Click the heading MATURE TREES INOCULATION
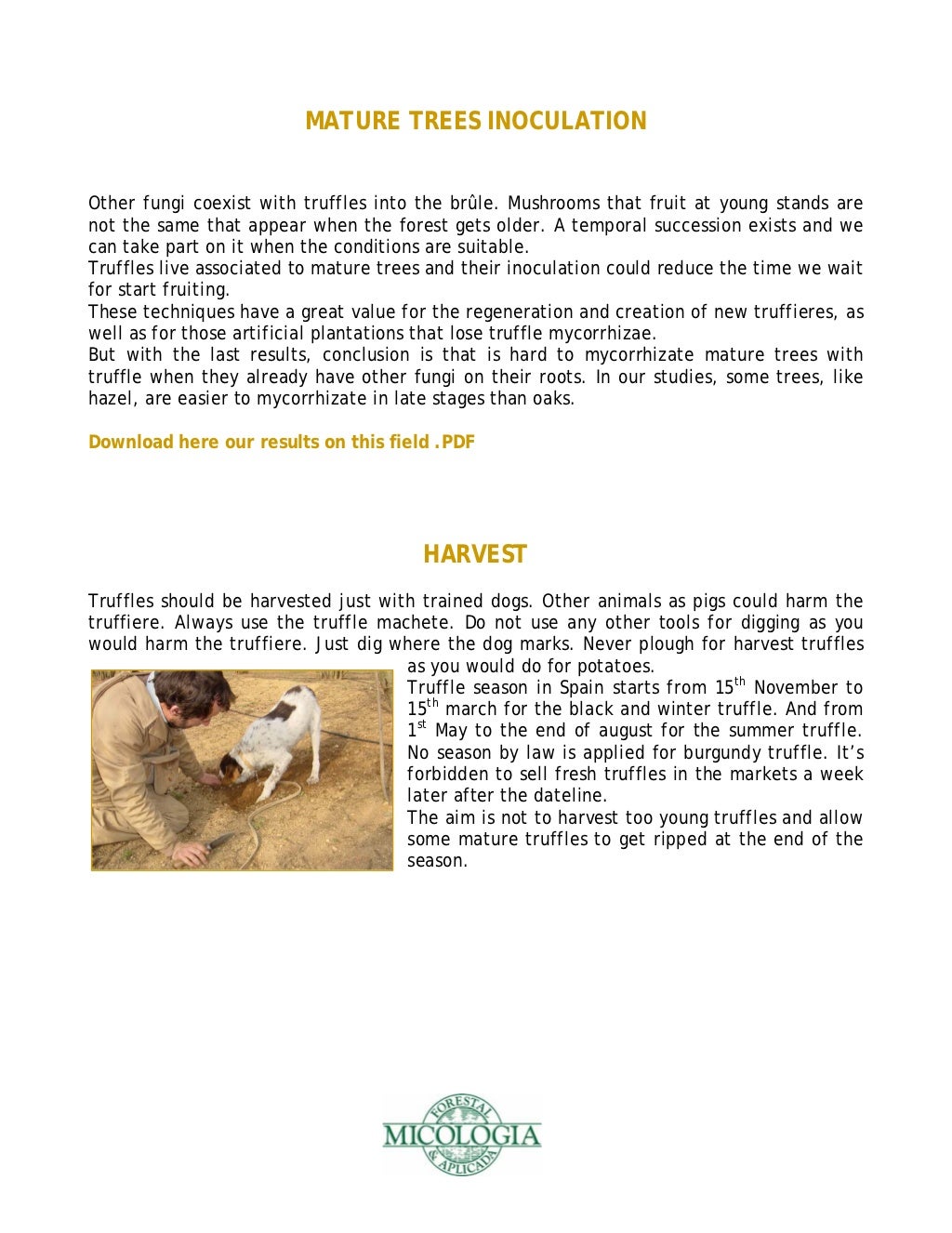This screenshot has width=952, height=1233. point(475,121)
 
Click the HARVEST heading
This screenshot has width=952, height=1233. point(475,554)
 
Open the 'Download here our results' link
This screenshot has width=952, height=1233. point(281,442)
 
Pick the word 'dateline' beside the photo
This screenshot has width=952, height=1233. point(570,796)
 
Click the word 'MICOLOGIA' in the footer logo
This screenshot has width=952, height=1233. point(461,1135)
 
